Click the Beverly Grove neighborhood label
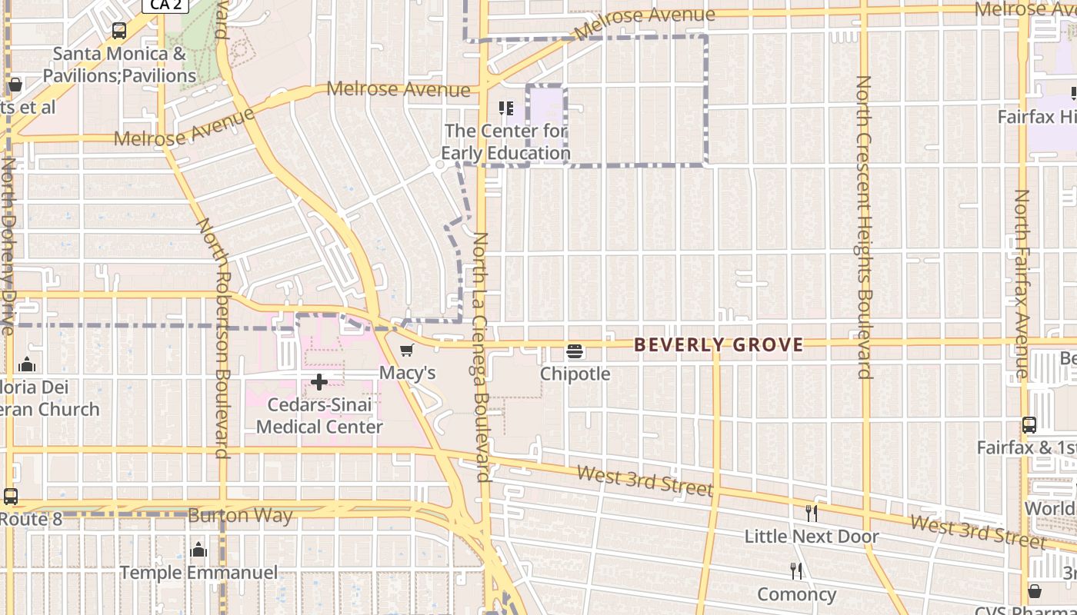click(719, 345)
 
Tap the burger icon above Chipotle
click(575, 352)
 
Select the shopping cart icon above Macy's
click(407, 351)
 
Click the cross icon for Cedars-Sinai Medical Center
click(319, 382)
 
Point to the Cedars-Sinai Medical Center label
click(319, 415)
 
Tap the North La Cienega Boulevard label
click(482, 357)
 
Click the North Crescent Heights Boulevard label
click(864, 227)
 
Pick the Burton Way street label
click(240, 515)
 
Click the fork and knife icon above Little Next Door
click(811, 513)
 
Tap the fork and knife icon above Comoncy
click(796, 571)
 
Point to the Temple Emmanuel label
click(198, 573)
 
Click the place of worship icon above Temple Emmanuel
click(198, 550)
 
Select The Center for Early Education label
click(505, 142)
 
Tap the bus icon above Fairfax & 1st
click(1029, 424)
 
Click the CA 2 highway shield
click(165, 5)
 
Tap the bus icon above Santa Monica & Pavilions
click(119, 31)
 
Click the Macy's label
click(408, 373)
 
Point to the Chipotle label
click(575, 374)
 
